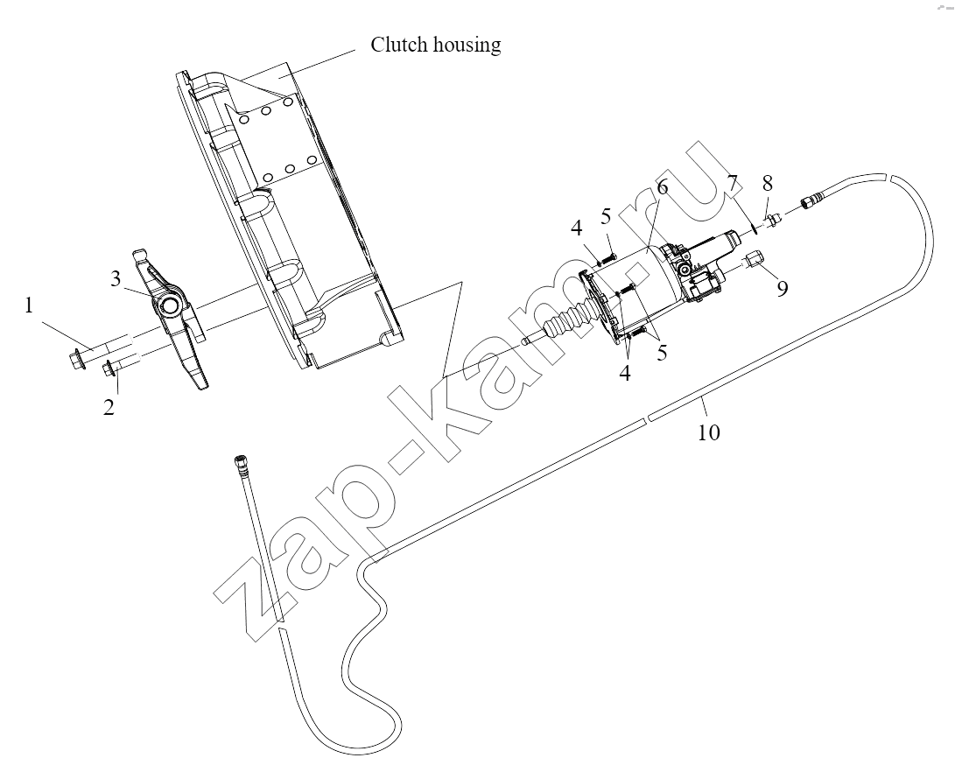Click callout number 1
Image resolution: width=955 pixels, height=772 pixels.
[x=29, y=305]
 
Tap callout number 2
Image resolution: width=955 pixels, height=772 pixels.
[x=109, y=407]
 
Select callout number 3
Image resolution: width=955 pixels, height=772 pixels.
[x=116, y=279]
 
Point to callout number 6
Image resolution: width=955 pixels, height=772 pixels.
[x=662, y=186]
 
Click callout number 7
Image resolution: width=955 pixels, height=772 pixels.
[x=733, y=181]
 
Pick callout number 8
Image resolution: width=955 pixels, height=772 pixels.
[x=768, y=183]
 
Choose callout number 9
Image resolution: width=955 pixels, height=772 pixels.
[x=782, y=287]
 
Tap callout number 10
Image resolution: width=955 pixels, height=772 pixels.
[x=709, y=432]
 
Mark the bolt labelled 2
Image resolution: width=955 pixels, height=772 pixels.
[x=122, y=365]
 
